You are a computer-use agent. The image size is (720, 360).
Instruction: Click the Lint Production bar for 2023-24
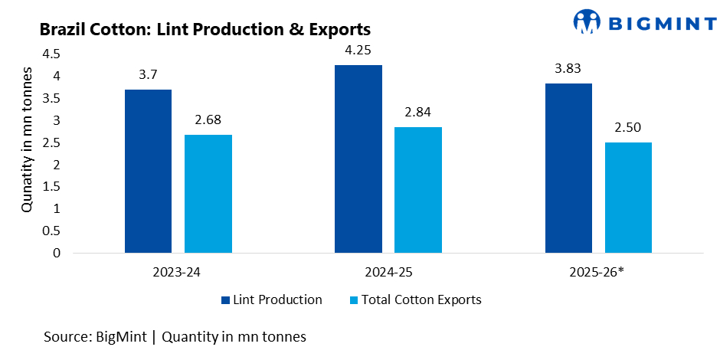(148, 171)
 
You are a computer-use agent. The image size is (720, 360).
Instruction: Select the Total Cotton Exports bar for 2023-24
(208, 194)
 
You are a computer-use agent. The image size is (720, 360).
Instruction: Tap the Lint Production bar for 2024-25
(358, 159)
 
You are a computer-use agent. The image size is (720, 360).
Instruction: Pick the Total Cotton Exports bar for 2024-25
(418, 190)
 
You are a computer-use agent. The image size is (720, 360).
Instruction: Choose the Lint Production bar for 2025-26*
(568, 168)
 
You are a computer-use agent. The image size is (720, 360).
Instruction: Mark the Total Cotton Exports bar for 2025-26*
(628, 198)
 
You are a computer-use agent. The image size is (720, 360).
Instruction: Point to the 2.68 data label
(208, 121)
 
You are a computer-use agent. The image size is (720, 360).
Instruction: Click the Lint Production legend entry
(272, 299)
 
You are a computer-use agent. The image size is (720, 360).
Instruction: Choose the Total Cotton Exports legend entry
(415, 299)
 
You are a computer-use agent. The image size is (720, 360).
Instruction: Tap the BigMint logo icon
(587, 21)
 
